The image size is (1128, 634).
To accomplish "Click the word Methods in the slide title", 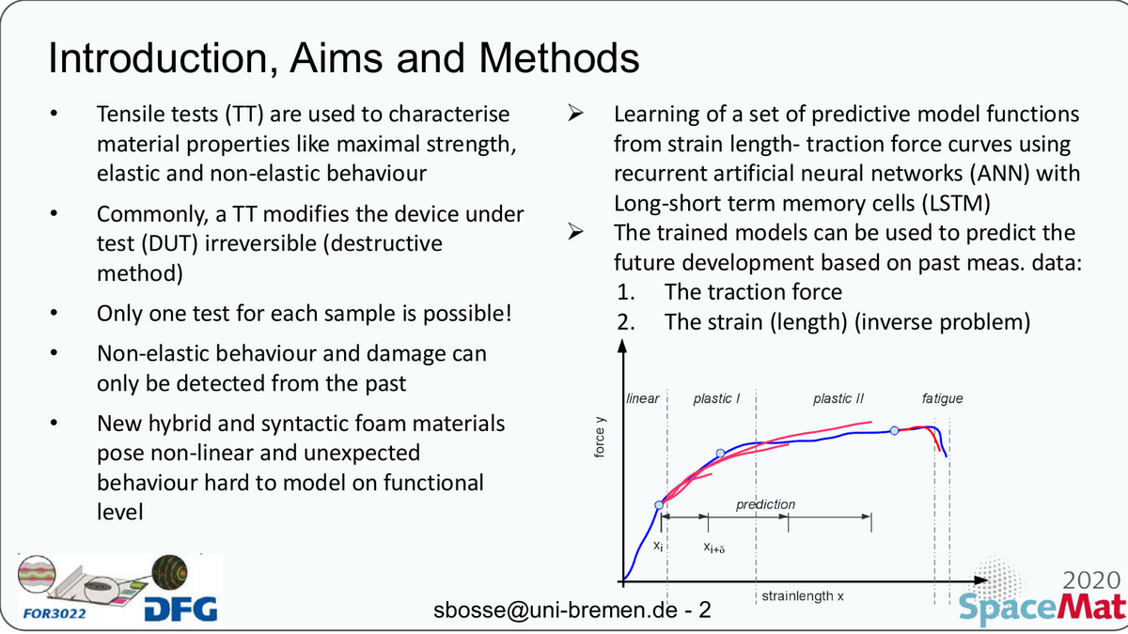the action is click(x=559, y=58).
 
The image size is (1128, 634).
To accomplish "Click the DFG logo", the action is click(x=181, y=610).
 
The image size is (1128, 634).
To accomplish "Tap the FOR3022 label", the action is click(x=55, y=613).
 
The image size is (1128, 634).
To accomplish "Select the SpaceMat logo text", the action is click(x=1042, y=608).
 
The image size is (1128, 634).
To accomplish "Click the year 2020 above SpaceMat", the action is click(x=1091, y=580).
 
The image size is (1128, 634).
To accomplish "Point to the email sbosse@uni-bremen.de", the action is click(x=556, y=610).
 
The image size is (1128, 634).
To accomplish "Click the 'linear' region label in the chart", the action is click(x=643, y=398).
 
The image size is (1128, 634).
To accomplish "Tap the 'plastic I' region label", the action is click(x=716, y=399).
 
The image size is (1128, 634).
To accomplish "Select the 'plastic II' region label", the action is click(x=838, y=399).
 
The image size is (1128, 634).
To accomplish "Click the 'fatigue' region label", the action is click(x=942, y=398).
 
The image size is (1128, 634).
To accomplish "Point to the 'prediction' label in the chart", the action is click(x=765, y=504).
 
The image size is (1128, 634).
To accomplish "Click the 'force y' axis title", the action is click(x=600, y=438).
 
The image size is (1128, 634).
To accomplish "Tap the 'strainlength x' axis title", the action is click(x=802, y=596).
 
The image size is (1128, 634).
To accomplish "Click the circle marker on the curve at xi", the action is click(x=659, y=505).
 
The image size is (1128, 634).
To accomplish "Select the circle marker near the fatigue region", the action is click(x=894, y=431).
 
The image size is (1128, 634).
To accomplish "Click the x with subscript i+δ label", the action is click(x=714, y=548).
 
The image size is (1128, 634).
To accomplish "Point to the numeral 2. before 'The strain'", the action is click(x=626, y=322).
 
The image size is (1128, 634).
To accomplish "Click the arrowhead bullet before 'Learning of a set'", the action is click(x=575, y=114).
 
